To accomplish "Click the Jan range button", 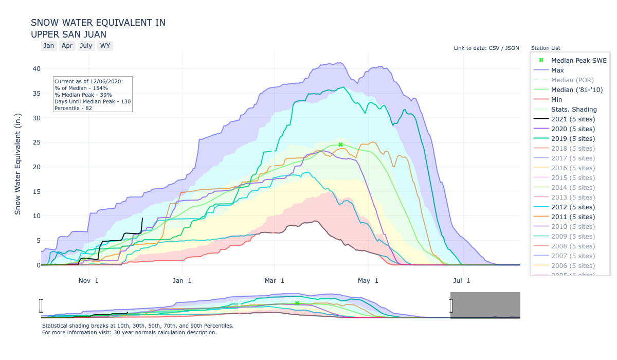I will (49, 46).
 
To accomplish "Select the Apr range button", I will (67, 46).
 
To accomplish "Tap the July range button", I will (86, 46).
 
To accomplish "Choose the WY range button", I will (105, 46).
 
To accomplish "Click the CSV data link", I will (495, 48).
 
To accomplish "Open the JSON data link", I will (511, 48).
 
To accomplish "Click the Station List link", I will (546, 48).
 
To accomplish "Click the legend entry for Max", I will (557, 70).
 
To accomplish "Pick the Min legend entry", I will (556, 99).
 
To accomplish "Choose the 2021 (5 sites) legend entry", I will (573, 119).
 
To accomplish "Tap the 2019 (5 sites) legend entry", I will (573, 138).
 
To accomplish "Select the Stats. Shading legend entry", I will (574, 109).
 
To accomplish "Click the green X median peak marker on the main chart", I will (340, 145).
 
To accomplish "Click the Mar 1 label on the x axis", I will (275, 280).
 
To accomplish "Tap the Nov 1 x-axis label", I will (88, 280).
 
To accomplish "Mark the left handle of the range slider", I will (41, 305).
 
